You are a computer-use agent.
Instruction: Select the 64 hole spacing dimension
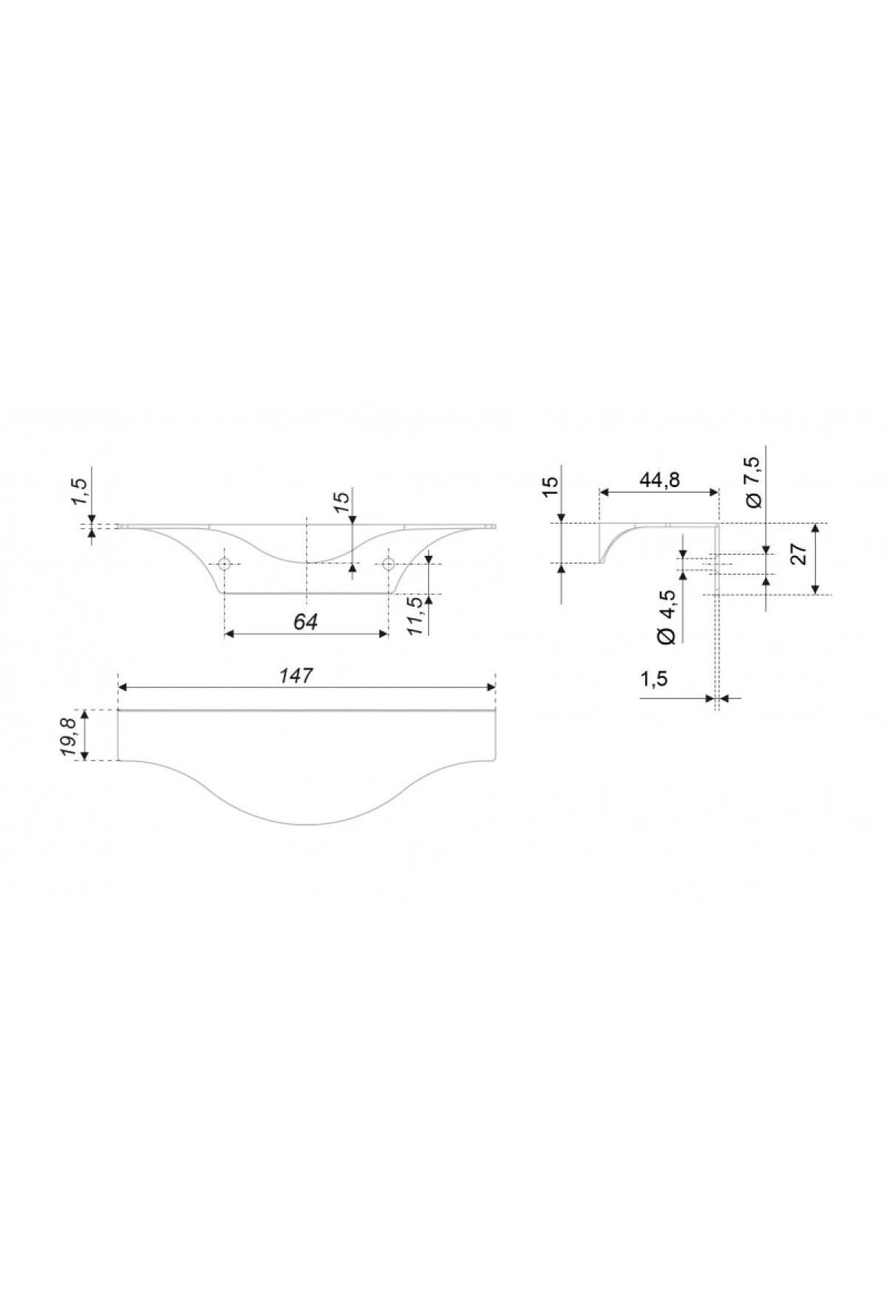305,622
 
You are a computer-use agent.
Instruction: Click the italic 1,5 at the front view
81,489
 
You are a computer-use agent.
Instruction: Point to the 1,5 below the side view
653,679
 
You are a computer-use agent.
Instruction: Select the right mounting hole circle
388,565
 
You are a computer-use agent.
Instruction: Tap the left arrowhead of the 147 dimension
124,687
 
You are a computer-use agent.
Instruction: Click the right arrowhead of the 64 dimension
382,633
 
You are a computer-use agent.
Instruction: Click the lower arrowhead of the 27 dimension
815,588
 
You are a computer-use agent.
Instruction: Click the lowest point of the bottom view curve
306,825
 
